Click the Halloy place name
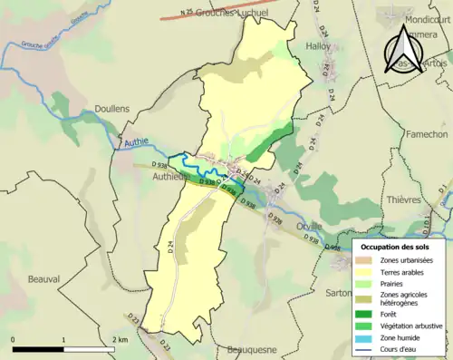click(318, 45)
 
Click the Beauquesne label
click(253, 349)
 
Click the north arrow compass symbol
click(405, 50)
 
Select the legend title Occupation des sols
click(397, 247)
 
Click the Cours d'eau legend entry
click(401, 348)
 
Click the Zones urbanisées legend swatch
click(367, 260)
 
